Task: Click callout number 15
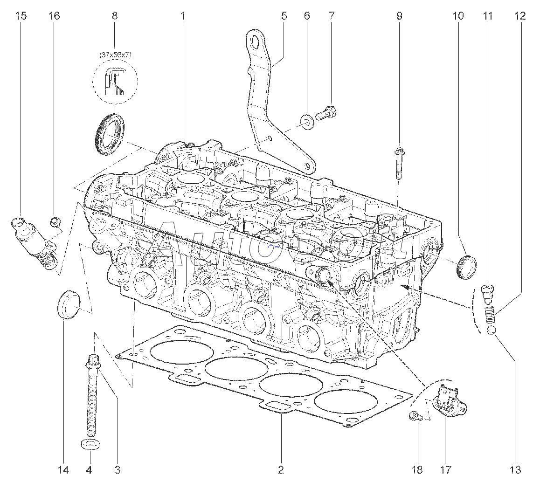21,16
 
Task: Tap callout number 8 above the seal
115,16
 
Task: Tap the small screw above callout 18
415,417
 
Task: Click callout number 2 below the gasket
281,470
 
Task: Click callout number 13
515,470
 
